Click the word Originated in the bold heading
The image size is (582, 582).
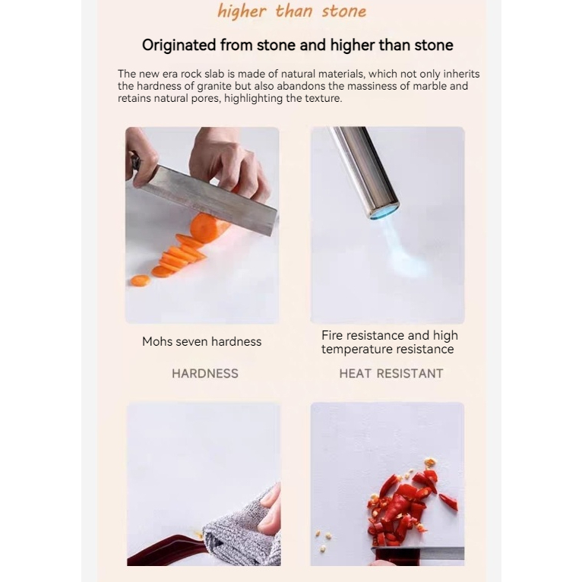[x=179, y=46]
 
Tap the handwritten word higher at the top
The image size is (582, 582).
[x=242, y=11]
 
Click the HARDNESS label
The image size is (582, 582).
[x=205, y=373]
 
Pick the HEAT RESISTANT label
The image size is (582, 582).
[x=391, y=373]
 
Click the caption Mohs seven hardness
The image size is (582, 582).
[x=201, y=341]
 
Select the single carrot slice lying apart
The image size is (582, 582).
[x=141, y=280]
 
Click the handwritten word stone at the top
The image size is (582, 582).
[x=344, y=11]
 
